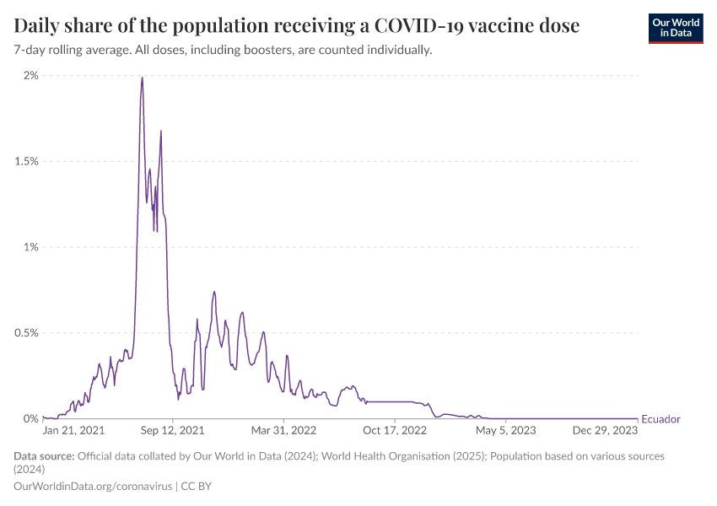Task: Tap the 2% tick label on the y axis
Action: tap(30, 76)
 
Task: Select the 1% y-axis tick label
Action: tap(30, 247)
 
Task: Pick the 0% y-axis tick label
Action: tap(30, 419)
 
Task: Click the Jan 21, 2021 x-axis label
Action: tap(73, 430)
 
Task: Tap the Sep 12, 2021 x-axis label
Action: tap(173, 430)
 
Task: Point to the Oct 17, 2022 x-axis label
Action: tap(396, 430)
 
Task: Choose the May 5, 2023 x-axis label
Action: tap(505, 430)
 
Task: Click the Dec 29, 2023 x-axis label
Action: tap(606, 430)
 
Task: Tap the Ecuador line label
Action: tap(660, 419)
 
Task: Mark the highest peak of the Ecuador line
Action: tap(142, 78)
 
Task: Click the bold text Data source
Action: tap(44, 456)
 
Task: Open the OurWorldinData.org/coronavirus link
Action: tap(93, 487)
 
